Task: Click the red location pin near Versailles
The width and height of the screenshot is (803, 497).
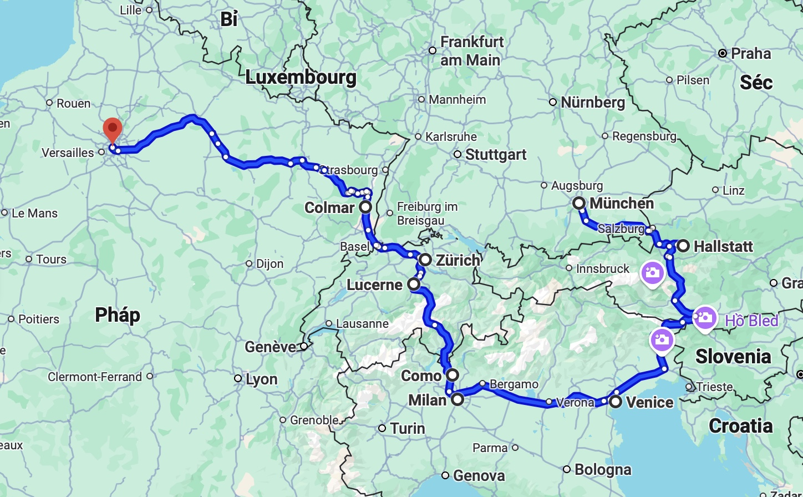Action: pyautogui.click(x=113, y=130)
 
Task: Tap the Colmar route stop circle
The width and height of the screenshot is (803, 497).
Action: pyautogui.click(x=365, y=207)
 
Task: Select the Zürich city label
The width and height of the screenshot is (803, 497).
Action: pyautogui.click(x=458, y=260)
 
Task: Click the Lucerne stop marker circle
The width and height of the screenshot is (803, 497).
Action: pyautogui.click(x=414, y=285)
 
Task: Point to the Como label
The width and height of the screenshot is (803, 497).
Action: pyautogui.click(x=421, y=376)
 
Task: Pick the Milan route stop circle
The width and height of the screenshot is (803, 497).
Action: pyautogui.click(x=458, y=399)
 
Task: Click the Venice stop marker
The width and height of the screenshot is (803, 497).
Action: pyautogui.click(x=616, y=402)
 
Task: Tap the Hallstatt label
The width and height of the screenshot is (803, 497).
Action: pyautogui.click(x=724, y=246)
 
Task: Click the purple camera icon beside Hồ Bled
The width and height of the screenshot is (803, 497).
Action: pyautogui.click(x=705, y=318)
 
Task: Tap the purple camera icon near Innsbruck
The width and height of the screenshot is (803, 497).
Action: pyautogui.click(x=653, y=273)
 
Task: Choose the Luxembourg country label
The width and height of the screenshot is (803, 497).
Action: pyautogui.click(x=301, y=77)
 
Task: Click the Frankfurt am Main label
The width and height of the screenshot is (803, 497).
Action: pyautogui.click(x=471, y=50)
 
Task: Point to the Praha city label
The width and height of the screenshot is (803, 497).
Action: pyautogui.click(x=751, y=53)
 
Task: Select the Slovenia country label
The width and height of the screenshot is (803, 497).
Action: pyautogui.click(x=733, y=356)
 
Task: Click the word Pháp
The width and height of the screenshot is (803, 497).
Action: pyautogui.click(x=118, y=315)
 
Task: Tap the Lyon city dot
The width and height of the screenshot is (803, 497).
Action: pyautogui.click(x=238, y=378)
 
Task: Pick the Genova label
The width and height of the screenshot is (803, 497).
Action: pyautogui.click(x=479, y=475)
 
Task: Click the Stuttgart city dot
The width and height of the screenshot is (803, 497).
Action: pyautogui.click(x=458, y=155)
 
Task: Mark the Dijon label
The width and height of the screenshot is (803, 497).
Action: pyautogui.click(x=270, y=263)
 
